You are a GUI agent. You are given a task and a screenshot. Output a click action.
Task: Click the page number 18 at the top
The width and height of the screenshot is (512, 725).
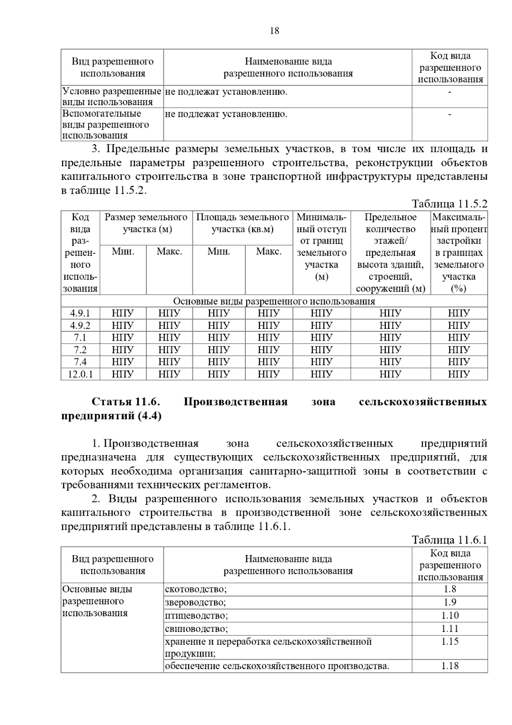[x=275, y=31]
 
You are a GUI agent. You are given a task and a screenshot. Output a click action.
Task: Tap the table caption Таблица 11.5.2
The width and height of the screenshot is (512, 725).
[x=449, y=204]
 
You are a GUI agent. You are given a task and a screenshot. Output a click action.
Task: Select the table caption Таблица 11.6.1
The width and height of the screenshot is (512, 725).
[x=449, y=540]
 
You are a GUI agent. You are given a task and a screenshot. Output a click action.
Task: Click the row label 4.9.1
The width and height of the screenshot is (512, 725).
[x=80, y=313]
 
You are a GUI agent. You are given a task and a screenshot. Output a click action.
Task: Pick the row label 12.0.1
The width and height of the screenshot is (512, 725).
[x=80, y=374]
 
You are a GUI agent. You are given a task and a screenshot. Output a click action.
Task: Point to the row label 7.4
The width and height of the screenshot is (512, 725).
[x=80, y=362]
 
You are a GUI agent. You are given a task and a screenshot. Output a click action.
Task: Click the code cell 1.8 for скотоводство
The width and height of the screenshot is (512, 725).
[x=450, y=589]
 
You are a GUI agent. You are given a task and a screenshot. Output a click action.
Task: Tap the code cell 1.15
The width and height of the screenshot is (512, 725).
[x=450, y=642]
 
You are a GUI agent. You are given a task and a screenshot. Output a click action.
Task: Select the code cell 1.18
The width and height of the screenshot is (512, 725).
[x=450, y=666]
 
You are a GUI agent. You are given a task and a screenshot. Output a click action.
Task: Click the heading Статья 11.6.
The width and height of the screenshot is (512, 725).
[x=126, y=402]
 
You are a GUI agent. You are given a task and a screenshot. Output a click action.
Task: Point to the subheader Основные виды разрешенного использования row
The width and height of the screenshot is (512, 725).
[x=274, y=301]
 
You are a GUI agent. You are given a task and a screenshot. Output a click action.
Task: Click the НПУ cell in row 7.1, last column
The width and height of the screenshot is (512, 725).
[x=459, y=338]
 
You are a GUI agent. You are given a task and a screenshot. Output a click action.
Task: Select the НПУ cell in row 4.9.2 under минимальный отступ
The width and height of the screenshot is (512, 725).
[x=321, y=325]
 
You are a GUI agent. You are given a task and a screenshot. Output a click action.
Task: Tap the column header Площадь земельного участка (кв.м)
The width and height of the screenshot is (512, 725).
[x=242, y=223]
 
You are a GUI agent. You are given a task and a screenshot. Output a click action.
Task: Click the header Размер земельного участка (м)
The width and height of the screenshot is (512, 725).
[x=146, y=223]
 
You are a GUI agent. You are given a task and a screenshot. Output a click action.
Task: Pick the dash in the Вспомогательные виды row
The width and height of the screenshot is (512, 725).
[x=450, y=114]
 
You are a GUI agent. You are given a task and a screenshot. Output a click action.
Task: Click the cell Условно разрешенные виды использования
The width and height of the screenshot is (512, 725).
[x=112, y=96]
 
